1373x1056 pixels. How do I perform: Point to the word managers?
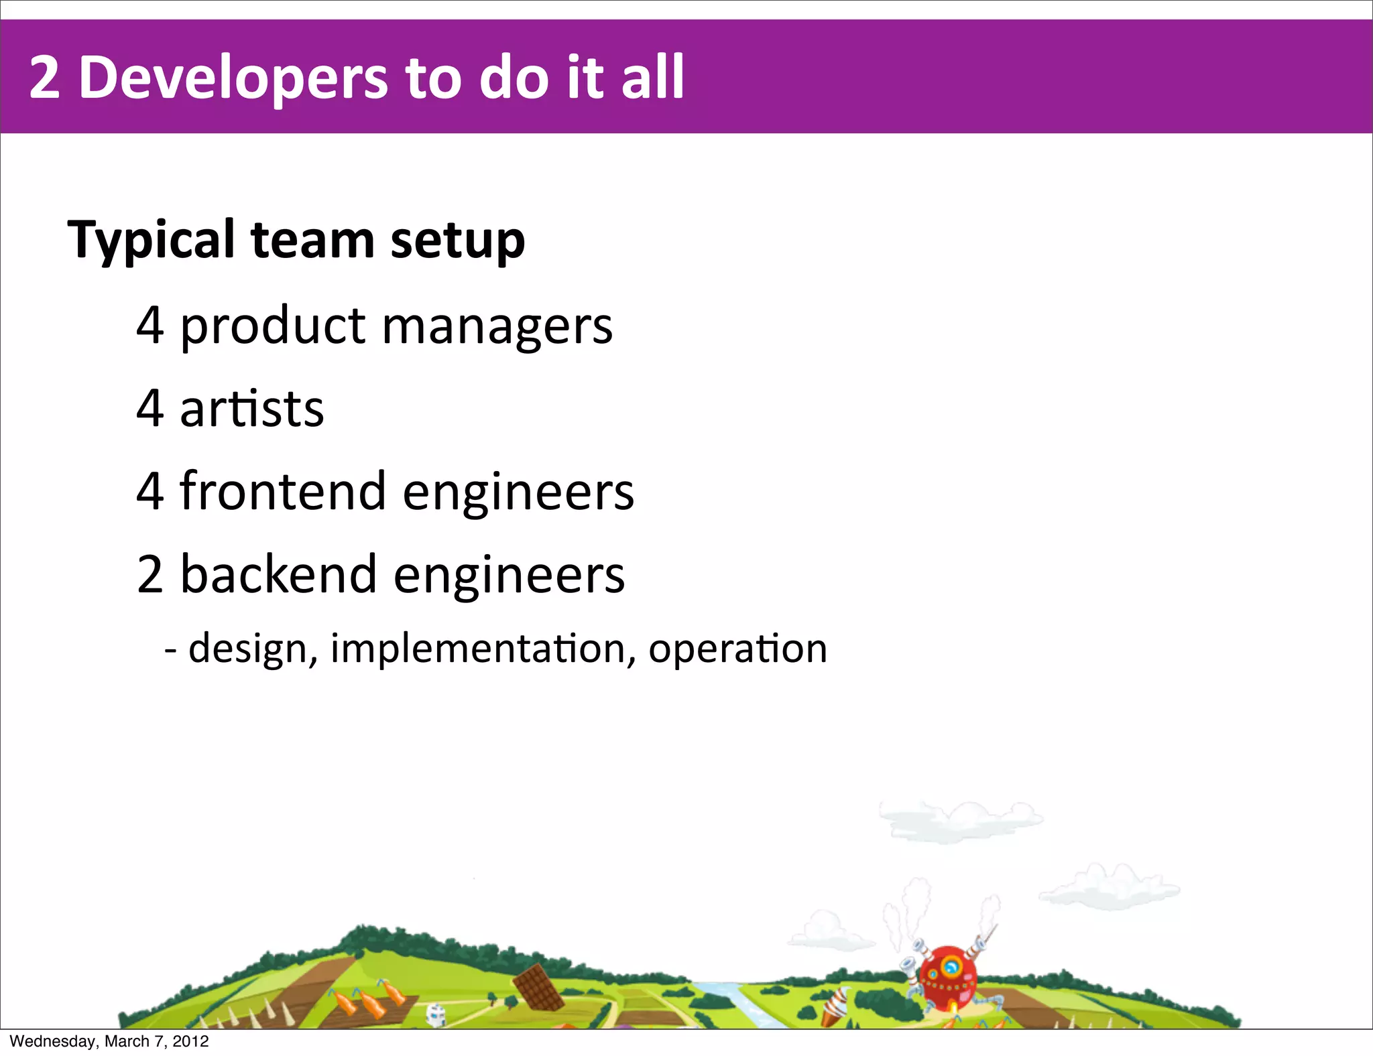(x=497, y=327)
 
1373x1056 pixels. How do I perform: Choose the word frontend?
(x=282, y=491)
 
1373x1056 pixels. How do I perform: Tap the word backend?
(x=278, y=574)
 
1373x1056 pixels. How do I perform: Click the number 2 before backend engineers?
(x=150, y=574)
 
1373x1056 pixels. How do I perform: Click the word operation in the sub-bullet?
(x=737, y=649)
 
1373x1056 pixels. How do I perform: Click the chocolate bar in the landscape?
(x=538, y=987)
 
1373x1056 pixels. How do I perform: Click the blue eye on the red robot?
(x=950, y=967)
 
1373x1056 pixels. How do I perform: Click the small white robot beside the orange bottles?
(x=436, y=1014)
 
